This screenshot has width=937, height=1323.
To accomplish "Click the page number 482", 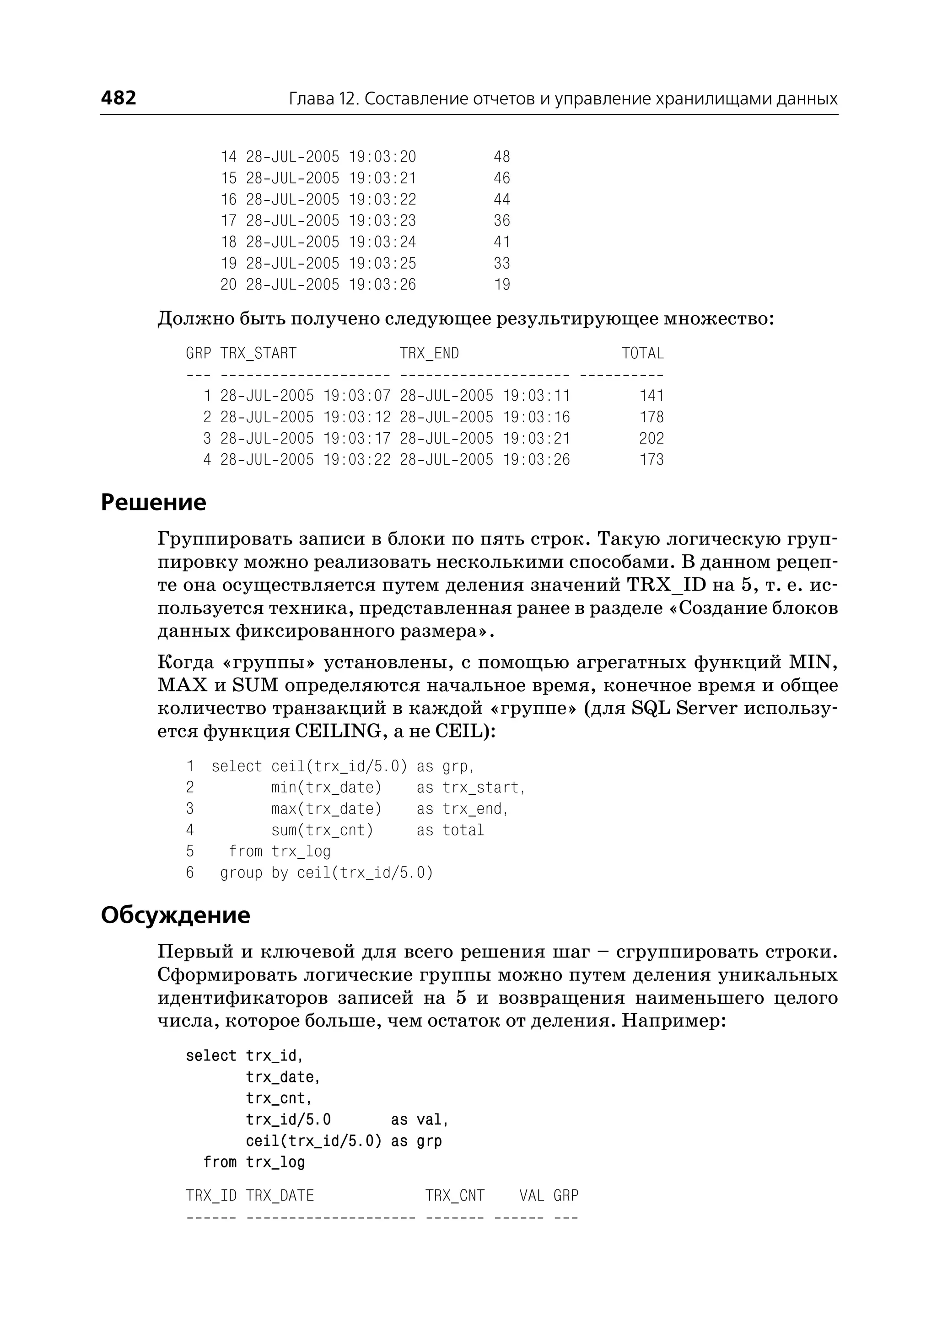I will pyautogui.click(x=118, y=97).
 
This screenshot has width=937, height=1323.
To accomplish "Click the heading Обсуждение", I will pyautogui.click(x=175, y=915).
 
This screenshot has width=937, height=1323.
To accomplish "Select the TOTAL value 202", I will pyautogui.click(x=651, y=439).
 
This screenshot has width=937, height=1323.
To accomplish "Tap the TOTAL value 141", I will pyautogui.click(x=652, y=396).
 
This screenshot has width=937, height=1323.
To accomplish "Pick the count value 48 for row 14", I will pyautogui.click(x=501, y=157).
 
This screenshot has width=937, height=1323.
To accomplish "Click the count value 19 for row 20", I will pyautogui.click(x=502, y=285).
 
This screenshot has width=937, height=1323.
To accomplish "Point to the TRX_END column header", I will pyautogui.click(x=429, y=353).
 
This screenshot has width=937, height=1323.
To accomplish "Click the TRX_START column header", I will pyautogui.click(x=258, y=353).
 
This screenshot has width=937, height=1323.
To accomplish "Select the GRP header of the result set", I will pyautogui.click(x=198, y=353).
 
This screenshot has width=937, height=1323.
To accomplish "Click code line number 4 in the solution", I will pyautogui.click(x=190, y=830).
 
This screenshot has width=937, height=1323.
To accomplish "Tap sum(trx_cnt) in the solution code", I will pyautogui.click(x=323, y=830).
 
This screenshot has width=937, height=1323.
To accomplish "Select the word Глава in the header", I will pyautogui.click(x=311, y=99).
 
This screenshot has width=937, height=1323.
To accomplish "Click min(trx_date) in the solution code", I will pyautogui.click(x=327, y=788).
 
